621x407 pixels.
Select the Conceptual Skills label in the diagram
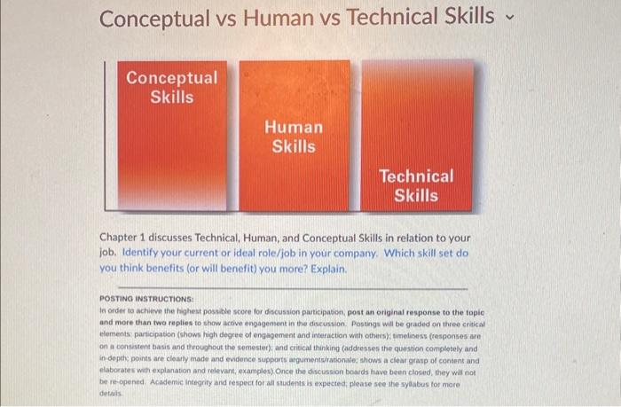[171, 87]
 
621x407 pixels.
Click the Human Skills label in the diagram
[294, 137]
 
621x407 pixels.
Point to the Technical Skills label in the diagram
[415, 186]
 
